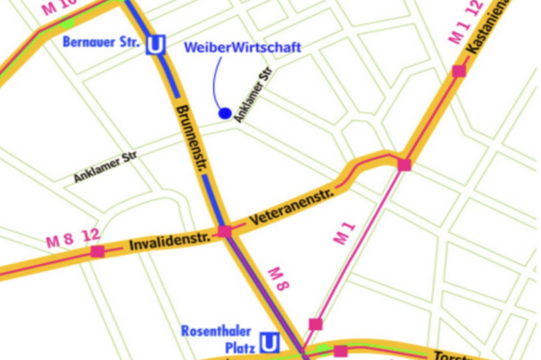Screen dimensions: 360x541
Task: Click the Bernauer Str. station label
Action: (x=102, y=42)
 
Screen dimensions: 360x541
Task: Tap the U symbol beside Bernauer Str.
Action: (x=157, y=44)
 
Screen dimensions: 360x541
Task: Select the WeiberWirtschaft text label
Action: (x=243, y=47)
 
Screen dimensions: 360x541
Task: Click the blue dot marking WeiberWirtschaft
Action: (x=224, y=114)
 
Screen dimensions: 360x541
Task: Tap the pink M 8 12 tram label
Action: (x=72, y=239)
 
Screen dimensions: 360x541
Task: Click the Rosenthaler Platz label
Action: (x=219, y=339)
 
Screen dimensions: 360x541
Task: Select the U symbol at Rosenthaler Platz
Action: (x=270, y=343)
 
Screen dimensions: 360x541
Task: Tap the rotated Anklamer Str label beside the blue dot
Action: (x=253, y=95)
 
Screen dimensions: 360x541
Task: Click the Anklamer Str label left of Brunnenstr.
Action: (x=105, y=166)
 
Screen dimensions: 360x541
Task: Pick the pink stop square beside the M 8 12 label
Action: (x=98, y=252)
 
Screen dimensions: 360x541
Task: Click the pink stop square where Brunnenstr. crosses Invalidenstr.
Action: (x=224, y=231)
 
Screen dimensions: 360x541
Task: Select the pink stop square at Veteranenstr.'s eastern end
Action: (x=404, y=164)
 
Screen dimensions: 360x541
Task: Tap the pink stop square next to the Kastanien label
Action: (x=458, y=70)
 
